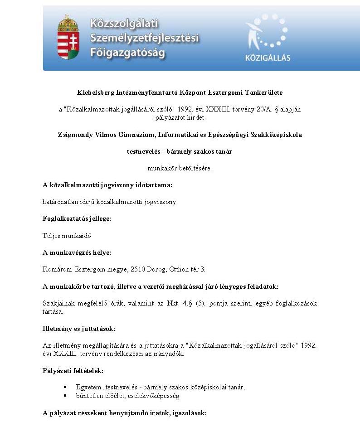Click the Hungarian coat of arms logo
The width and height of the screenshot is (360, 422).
point(68,37)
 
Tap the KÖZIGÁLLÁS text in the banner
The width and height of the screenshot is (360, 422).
point(268,58)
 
